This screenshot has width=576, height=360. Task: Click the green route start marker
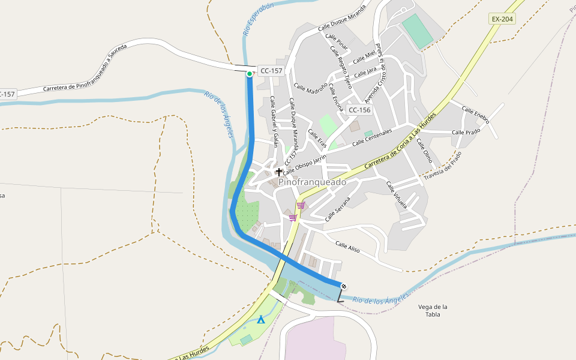(x=250, y=74)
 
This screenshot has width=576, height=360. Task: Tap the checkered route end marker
(x=344, y=286)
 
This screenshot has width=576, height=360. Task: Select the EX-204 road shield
(x=502, y=19)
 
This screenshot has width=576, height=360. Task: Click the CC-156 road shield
(x=359, y=110)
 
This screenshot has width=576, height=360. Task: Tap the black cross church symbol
(x=279, y=172)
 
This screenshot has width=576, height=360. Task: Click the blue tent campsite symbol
(x=260, y=320)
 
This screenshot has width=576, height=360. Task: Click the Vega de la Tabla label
(x=433, y=310)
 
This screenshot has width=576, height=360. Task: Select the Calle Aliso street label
(x=348, y=247)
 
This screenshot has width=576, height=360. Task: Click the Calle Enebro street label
(x=475, y=115)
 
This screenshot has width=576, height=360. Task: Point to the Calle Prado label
(x=466, y=132)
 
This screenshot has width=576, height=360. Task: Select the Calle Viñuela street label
(x=396, y=195)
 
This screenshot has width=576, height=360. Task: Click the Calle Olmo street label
(x=424, y=151)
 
